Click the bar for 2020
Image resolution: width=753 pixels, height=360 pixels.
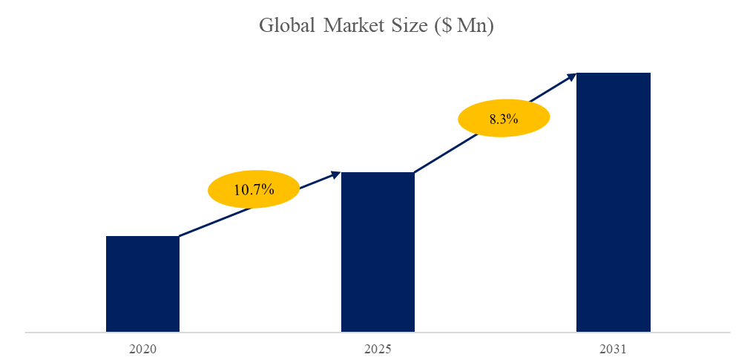tap(142, 284)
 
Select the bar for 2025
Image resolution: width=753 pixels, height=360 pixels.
tap(378, 252)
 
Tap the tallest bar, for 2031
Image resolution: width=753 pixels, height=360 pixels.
tap(614, 202)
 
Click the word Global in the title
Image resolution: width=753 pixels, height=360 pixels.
tap(287, 26)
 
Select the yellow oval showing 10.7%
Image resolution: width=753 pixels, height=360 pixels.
tap(253, 189)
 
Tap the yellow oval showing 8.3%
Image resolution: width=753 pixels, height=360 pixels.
tap(503, 119)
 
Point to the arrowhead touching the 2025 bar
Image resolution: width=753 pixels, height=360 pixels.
tap(335, 174)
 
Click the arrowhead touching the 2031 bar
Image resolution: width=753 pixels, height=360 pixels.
tap(571, 75)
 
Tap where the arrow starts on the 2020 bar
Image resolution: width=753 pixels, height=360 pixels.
tap(180, 236)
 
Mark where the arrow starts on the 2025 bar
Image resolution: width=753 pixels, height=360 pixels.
tap(415, 172)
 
